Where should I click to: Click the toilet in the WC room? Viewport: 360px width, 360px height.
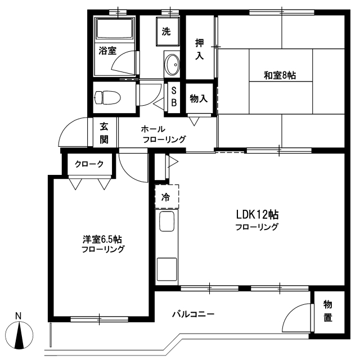point(107,97)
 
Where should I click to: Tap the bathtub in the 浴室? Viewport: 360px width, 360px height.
point(115,29)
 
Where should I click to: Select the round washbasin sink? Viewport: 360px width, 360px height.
point(172,65)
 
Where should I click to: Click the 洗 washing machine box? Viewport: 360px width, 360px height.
point(168,31)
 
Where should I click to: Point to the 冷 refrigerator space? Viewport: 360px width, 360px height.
point(167,197)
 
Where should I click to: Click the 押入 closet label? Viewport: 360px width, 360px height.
point(199,49)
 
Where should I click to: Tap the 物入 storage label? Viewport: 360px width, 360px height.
point(199,99)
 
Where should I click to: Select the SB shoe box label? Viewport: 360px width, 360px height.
point(174,97)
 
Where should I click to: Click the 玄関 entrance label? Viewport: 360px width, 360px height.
point(104,133)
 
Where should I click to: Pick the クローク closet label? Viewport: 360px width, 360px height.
point(89,164)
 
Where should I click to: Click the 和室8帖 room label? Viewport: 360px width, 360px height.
point(280,75)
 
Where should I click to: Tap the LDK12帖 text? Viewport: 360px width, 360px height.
point(258,215)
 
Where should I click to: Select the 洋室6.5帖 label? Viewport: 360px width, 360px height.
point(102,240)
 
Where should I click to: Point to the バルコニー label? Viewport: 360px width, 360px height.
point(193,314)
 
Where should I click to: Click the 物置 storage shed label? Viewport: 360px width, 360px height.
point(327,311)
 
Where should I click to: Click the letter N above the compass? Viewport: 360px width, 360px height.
point(18,316)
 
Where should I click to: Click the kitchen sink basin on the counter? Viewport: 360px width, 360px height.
point(166,221)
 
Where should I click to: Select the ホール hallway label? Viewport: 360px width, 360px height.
point(153,129)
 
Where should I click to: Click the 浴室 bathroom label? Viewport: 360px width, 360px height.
point(107,51)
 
